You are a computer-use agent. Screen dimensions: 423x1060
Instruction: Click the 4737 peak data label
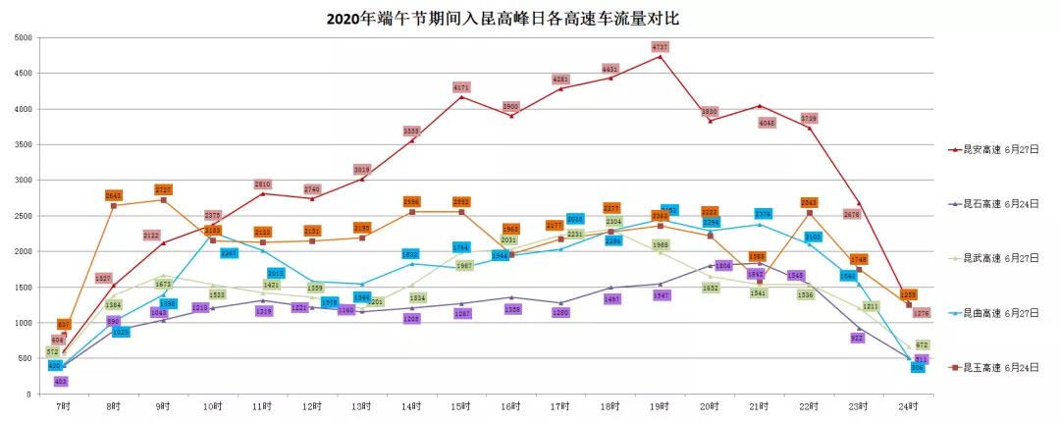coord(661,47)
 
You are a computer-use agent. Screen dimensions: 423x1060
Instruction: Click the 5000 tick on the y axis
coord(23,37)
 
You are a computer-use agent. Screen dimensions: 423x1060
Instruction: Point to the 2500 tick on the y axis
coord(23,216)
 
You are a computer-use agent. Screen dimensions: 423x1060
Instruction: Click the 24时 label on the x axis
coord(908,405)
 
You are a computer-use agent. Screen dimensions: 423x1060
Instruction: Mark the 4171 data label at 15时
coord(461,87)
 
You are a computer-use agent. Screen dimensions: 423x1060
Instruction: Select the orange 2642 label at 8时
coord(114,195)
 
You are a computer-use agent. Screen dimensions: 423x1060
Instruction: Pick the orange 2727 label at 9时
coord(163,189)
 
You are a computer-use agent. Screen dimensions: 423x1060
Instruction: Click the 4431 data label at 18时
coord(610,69)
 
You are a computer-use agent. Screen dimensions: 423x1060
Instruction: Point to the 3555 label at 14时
coord(412,131)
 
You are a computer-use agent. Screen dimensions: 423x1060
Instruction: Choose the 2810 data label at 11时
coord(263,185)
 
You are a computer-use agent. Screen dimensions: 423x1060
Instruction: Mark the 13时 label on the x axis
coord(362,405)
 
